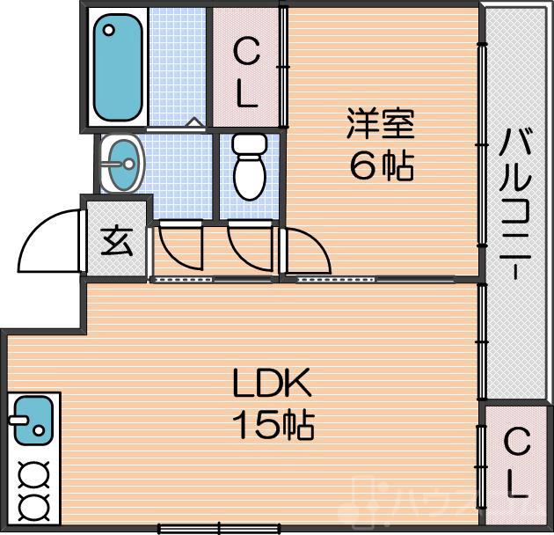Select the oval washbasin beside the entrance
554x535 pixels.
(x=120, y=164)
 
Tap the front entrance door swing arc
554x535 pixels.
(x=48, y=239)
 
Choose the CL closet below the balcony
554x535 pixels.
(x=517, y=465)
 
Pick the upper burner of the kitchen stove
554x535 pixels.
(x=33, y=475)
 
